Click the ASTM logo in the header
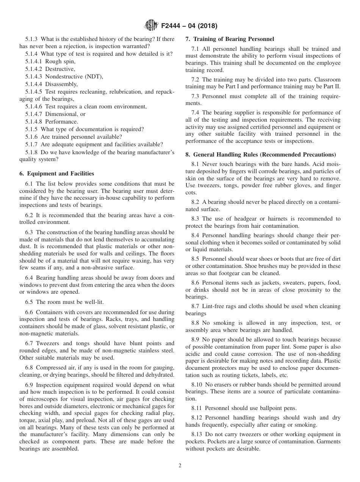tap(151, 26)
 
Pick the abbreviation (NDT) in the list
tap(95, 77)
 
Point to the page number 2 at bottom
tap(180, 466)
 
